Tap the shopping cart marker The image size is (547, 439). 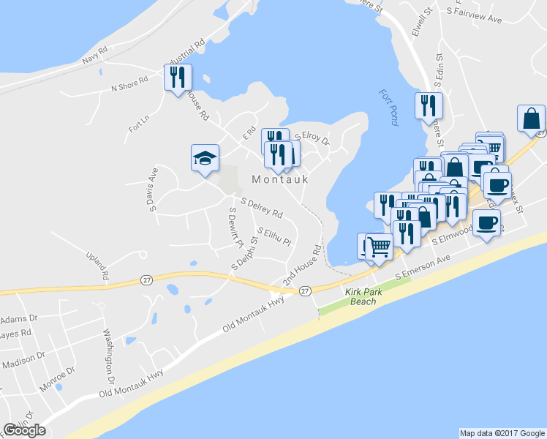[x=379, y=247]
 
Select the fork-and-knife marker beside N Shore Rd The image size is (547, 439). [x=178, y=78]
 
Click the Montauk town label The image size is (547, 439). [x=280, y=179]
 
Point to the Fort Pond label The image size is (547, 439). [x=388, y=108]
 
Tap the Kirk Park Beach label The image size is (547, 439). [x=361, y=296]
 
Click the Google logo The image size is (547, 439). [x=24, y=430]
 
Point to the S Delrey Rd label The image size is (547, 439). [x=261, y=209]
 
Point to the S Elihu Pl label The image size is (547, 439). [x=274, y=237]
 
